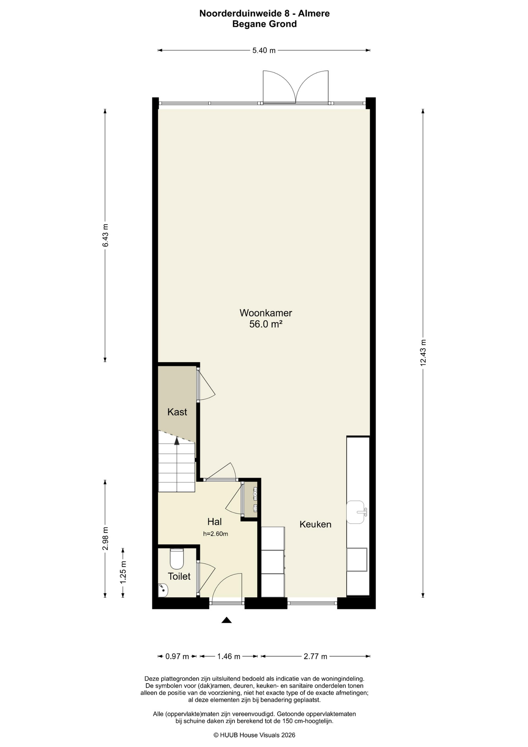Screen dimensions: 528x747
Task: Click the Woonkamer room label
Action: point(266,313)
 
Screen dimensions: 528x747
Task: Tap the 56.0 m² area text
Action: point(266,324)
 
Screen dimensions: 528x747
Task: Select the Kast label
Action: point(177,412)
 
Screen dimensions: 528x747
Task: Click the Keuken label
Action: point(315,524)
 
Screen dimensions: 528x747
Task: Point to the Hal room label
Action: point(215,522)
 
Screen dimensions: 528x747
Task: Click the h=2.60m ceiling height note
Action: point(215,534)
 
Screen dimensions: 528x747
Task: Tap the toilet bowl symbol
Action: point(177,559)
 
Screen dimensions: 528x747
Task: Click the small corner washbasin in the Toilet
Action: point(163,590)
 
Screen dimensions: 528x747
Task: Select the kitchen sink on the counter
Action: point(356,512)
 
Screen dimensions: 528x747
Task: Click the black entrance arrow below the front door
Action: point(227,620)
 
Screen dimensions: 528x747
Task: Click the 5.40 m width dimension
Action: point(264,50)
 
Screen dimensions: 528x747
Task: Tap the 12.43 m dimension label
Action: point(423,352)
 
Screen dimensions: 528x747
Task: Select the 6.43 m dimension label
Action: point(105,235)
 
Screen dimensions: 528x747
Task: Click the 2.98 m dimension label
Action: point(105,538)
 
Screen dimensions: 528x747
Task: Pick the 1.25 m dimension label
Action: point(123,572)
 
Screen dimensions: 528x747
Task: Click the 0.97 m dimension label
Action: point(177,656)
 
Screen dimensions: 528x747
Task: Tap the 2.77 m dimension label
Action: point(315,656)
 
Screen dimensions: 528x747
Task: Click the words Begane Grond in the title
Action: point(264,24)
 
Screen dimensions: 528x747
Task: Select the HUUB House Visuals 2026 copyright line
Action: point(255,735)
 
